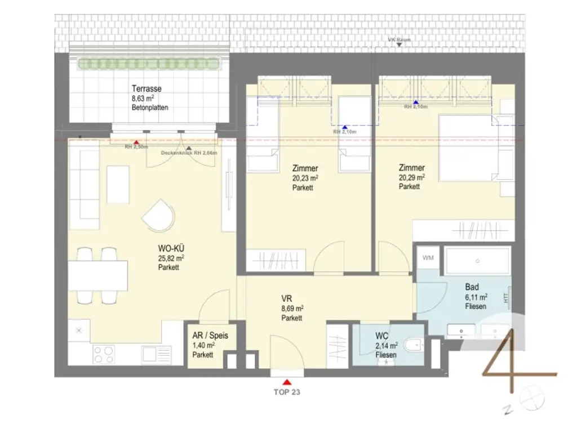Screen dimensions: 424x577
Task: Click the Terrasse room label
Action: click(x=147, y=89)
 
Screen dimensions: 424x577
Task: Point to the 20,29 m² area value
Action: click(x=412, y=177)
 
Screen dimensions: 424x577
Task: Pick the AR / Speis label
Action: click(x=210, y=336)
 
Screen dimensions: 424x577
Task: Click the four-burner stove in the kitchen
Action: click(x=104, y=354)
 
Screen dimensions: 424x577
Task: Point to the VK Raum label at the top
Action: click(x=400, y=40)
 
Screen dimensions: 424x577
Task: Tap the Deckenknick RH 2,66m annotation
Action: click(x=189, y=153)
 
